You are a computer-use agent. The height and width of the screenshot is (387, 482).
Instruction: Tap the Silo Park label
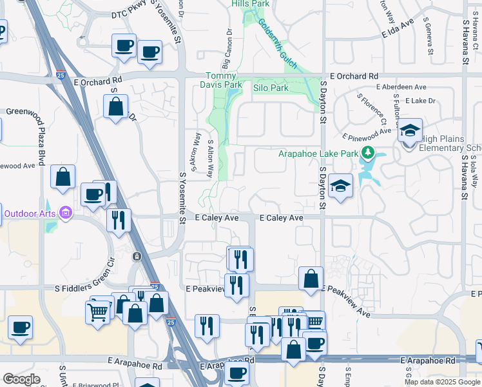(271, 88)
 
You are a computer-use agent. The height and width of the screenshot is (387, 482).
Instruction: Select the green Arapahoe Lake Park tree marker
(368, 154)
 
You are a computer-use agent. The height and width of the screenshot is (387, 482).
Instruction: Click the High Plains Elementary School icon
(410, 132)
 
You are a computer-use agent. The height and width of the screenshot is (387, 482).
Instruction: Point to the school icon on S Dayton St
(340, 186)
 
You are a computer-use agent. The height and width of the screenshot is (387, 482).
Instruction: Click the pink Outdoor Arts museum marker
(65, 213)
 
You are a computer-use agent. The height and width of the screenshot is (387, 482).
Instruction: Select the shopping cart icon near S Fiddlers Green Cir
(98, 312)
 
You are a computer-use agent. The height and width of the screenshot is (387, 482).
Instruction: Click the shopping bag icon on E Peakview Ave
(311, 279)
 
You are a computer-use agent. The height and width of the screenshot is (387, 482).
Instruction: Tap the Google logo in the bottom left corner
(22, 379)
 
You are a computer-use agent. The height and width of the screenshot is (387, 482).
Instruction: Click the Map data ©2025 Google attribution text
(442, 382)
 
